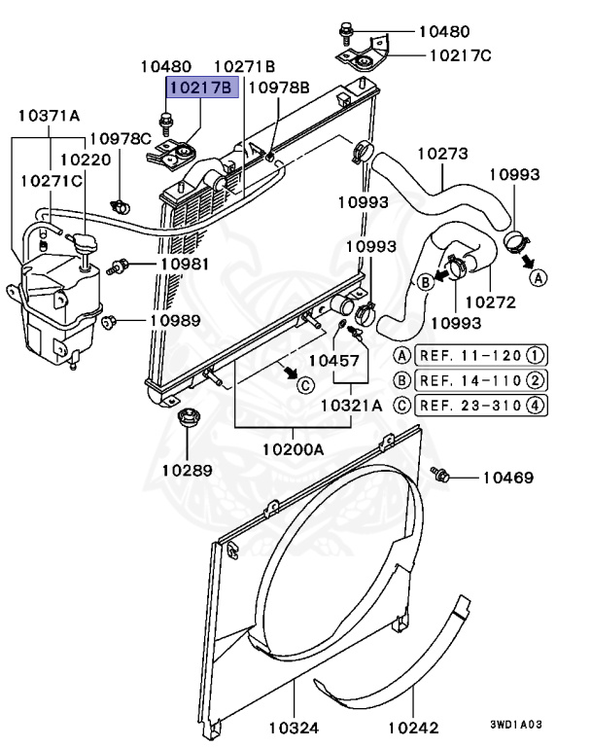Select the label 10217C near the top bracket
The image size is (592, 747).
[x=455, y=55]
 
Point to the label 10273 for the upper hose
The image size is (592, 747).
[x=443, y=154]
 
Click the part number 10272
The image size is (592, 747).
[x=490, y=302]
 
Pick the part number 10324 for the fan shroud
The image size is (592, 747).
[x=293, y=727]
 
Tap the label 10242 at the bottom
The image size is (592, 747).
[x=413, y=727]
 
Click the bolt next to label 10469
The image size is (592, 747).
[x=440, y=475]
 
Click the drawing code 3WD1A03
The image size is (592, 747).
[x=516, y=725]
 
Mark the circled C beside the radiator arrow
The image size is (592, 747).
[x=304, y=384]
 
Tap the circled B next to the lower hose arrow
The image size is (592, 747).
[x=424, y=281]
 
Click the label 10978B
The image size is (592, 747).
[x=279, y=88]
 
